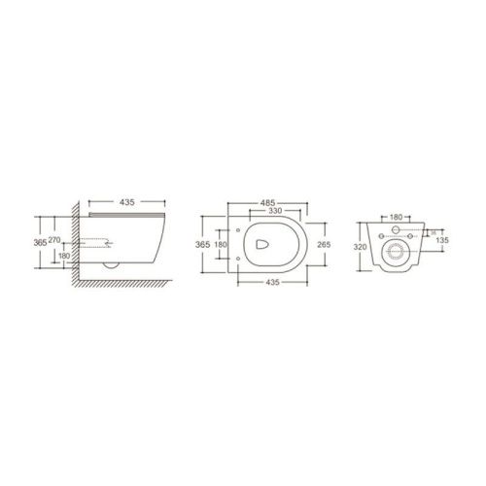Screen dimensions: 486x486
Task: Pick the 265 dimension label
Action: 324,243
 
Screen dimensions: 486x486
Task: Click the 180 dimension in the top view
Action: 220,243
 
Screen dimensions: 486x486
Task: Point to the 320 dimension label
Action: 361,247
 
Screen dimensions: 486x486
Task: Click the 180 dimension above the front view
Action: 395,219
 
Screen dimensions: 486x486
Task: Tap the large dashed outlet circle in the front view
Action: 396,254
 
